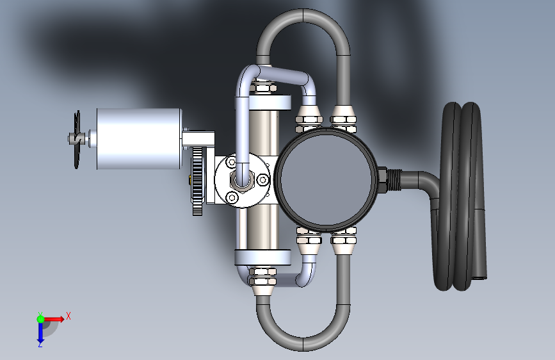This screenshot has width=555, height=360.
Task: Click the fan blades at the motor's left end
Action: click(x=77, y=139)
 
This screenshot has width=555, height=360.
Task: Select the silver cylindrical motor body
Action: click(x=138, y=139)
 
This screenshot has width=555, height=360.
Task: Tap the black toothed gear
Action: click(x=198, y=181)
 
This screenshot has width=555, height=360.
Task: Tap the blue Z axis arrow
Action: click(x=40, y=331)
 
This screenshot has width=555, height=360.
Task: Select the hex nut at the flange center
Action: click(x=242, y=183)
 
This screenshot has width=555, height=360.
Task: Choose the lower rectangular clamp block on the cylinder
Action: click(x=262, y=258)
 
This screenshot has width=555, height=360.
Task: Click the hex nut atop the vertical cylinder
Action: click(x=262, y=85)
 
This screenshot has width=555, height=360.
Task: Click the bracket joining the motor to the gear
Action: click(x=199, y=137)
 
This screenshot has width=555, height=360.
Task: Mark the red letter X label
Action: click(x=68, y=315)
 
